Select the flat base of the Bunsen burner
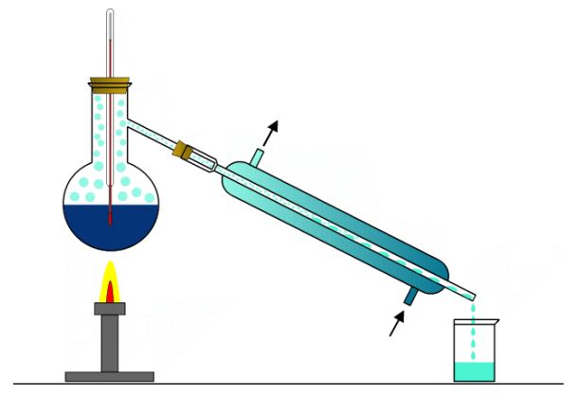[109, 375]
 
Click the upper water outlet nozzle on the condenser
[257, 154]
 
